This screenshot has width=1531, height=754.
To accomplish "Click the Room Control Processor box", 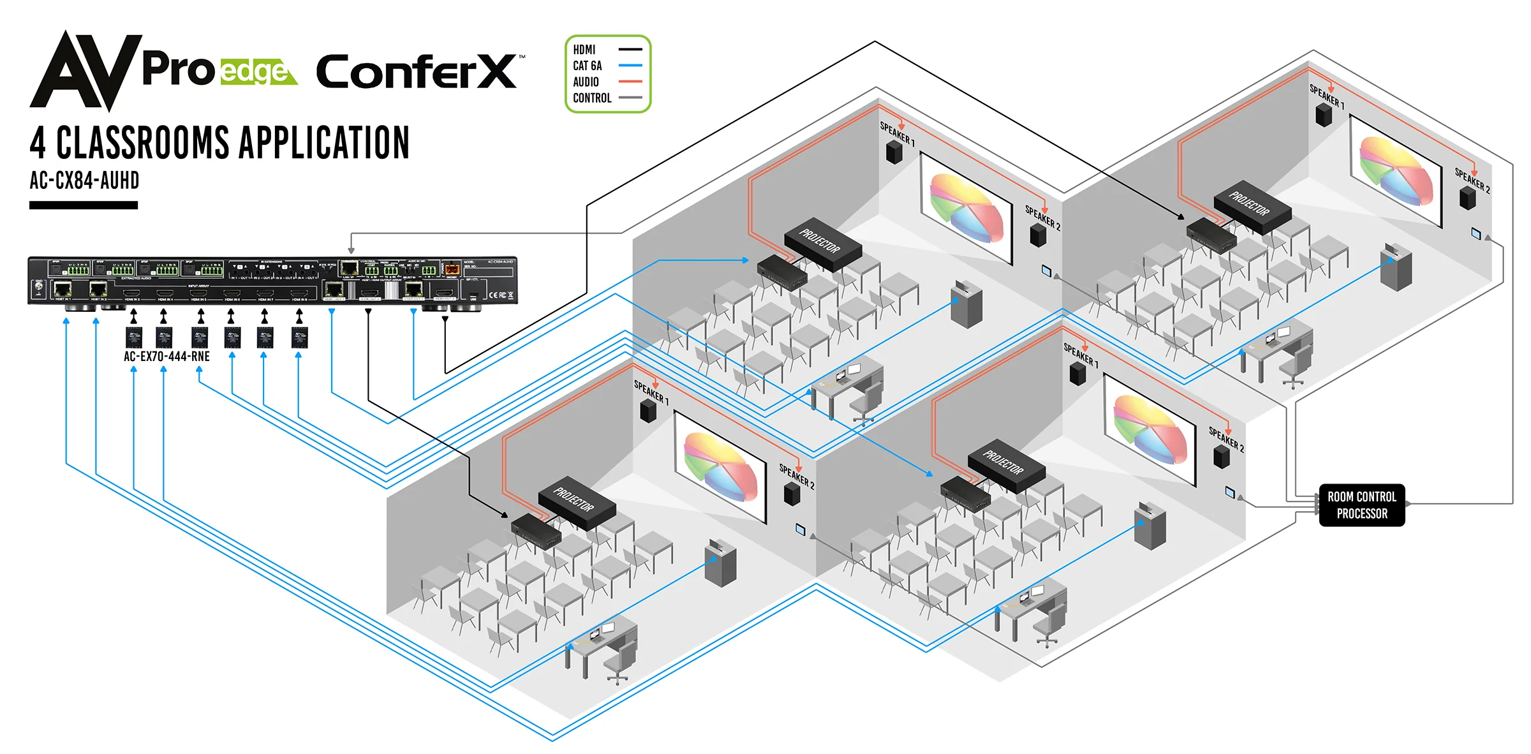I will (1361, 505).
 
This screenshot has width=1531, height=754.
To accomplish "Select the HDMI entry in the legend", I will (584, 50).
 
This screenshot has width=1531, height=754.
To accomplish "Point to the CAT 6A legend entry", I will (588, 66).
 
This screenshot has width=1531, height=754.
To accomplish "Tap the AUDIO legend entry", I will (586, 82).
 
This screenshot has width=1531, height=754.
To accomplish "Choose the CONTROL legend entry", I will (592, 98).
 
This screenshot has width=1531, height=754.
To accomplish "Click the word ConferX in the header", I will (417, 72).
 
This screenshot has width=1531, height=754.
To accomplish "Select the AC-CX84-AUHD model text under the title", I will (84, 181).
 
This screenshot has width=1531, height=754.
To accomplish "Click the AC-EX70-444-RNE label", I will (166, 357).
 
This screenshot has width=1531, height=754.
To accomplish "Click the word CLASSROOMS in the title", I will (142, 143).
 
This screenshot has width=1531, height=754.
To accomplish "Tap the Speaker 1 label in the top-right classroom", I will (1327, 96).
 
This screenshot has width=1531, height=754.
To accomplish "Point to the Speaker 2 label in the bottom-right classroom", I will (1226, 438).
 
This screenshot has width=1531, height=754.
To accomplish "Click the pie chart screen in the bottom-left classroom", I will (721, 467).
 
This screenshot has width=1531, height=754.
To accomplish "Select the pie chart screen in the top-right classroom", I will (1396, 170).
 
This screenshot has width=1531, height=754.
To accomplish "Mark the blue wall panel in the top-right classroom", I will (1476, 233).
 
